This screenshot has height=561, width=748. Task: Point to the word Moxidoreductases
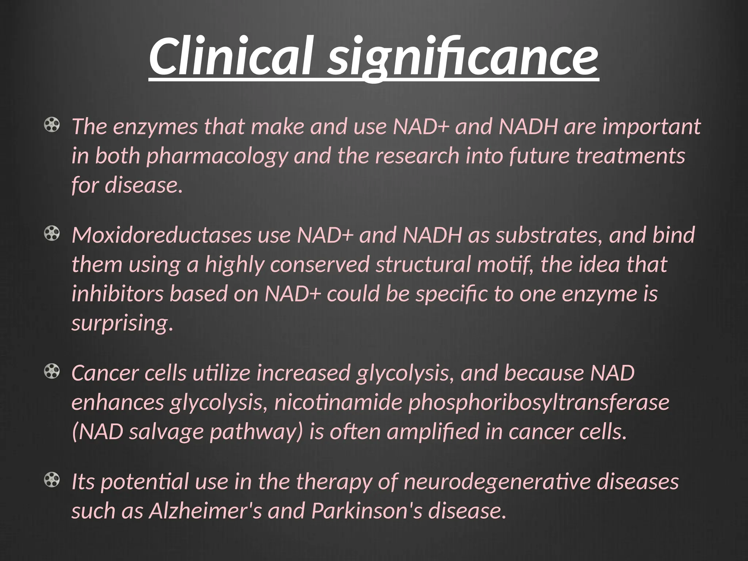click(161, 235)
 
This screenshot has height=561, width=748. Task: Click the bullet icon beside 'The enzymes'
click(51, 125)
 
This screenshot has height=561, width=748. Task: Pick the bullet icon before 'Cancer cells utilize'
click(51, 372)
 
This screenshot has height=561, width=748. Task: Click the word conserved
click(320, 264)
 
